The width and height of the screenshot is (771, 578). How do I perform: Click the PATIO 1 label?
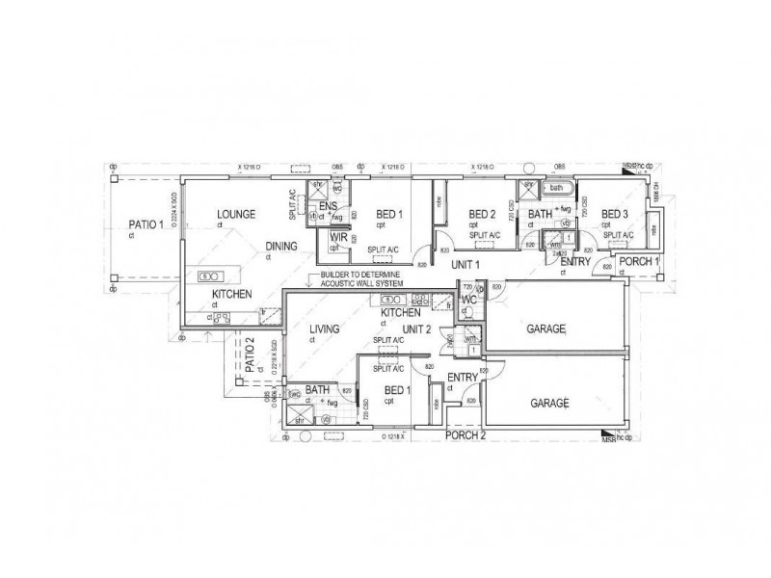point(146,228)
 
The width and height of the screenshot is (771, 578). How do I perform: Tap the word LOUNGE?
point(235,214)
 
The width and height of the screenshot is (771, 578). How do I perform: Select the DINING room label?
point(282,246)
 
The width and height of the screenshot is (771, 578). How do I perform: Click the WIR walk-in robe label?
point(338,236)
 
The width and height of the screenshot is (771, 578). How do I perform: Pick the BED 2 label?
point(482,214)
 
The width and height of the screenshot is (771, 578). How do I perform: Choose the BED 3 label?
point(615,214)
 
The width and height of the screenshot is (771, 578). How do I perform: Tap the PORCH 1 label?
point(637,261)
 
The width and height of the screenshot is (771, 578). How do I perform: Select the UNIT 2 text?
point(419,329)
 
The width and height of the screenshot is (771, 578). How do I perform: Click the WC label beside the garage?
point(469,300)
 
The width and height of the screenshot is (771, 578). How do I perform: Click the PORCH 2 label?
point(466,435)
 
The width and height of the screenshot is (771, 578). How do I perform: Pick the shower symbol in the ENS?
point(314,188)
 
